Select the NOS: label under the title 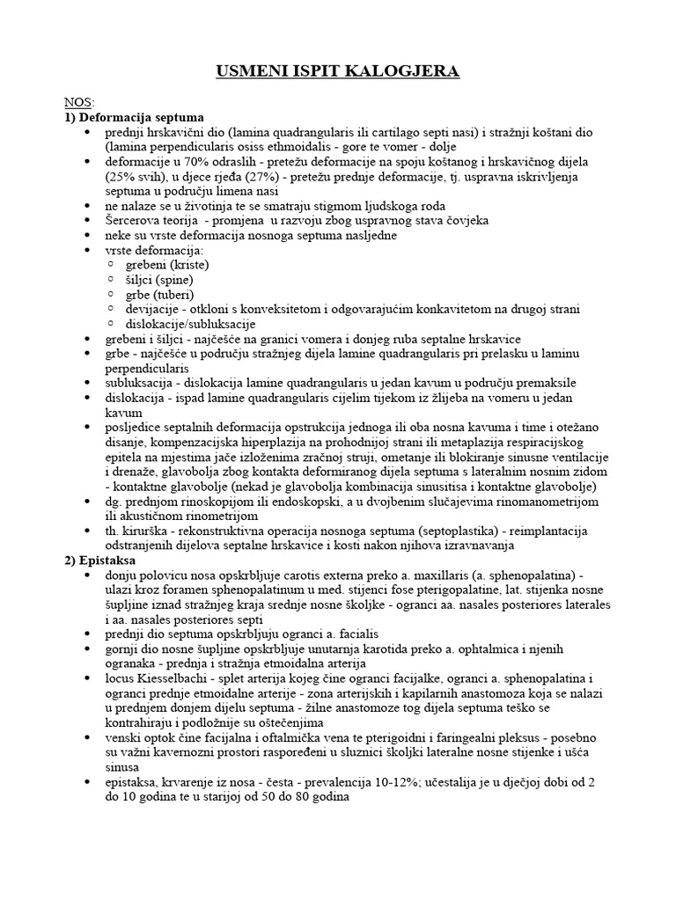click(80, 102)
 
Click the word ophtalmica click(481, 648)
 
